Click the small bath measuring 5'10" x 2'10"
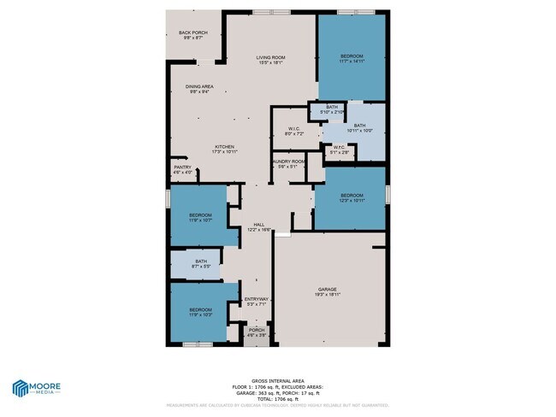click(x=332, y=109)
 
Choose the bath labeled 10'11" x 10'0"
click(x=359, y=128)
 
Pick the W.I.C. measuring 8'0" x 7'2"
click(x=293, y=132)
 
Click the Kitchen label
click(x=225, y=149)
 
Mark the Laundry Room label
click(x=288, y=163)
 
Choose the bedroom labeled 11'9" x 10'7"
click(x=200, y=217)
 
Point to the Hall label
click(x=258, y=226)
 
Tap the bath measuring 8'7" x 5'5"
click(x=200, y=264)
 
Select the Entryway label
click(x=257, y=301)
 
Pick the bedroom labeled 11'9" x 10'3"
click(x=200, y=312)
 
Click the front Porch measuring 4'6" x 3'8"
click(x=257, y=333)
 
